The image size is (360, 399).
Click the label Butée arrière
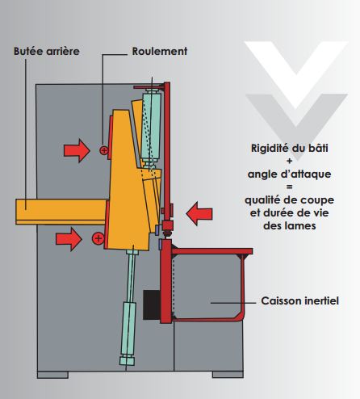point(47,51)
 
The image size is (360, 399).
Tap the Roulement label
point(160,51)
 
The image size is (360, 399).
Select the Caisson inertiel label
point(299,300)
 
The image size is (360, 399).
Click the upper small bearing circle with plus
point(104,150)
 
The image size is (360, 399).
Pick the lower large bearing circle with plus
point(98,238)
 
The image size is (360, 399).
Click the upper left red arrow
point(77,150)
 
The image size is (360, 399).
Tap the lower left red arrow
point(69,239)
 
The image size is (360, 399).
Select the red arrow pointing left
point(199,214)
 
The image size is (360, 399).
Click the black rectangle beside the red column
point(152,304)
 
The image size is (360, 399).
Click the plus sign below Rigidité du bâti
point(290,161)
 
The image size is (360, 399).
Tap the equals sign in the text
point(290,187)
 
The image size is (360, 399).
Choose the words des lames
point(290,225)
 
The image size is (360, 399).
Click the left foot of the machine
point(52,375)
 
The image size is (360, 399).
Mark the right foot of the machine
point(228,375)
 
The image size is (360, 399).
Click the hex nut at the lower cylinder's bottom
point(127,360)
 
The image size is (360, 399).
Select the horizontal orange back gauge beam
point(61,212)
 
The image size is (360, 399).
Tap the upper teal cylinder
point(152,126)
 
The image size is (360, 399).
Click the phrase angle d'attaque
point(290,174)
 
